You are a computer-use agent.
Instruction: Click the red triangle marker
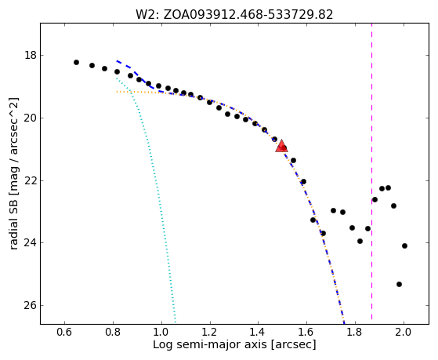(281, 146)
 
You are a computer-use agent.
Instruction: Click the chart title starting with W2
(234, 15)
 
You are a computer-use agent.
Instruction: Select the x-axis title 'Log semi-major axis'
(234, 344)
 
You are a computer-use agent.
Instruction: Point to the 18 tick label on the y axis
(31, 56)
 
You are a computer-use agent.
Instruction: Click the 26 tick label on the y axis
(31, 305)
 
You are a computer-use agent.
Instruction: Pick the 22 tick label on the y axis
(31, 180)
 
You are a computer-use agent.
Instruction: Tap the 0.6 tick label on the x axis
(64, 332)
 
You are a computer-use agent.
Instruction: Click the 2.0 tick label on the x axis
(404, 332)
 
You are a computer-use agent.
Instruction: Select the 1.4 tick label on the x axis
(258, 332)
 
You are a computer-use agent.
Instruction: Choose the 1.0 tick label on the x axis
(161, 332)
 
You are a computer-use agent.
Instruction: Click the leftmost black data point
(76, 63)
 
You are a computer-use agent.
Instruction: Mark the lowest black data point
(399, 285)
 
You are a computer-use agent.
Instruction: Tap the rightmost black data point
(404, 246)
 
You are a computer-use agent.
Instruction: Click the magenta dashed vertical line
(372, 172)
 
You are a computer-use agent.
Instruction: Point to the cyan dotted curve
(153, 168)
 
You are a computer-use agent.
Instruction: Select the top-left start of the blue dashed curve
(117, 60)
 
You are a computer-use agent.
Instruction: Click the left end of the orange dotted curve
(117, 92)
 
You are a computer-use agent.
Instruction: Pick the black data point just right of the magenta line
(375, 200)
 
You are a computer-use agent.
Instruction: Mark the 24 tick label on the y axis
(31, 243)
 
